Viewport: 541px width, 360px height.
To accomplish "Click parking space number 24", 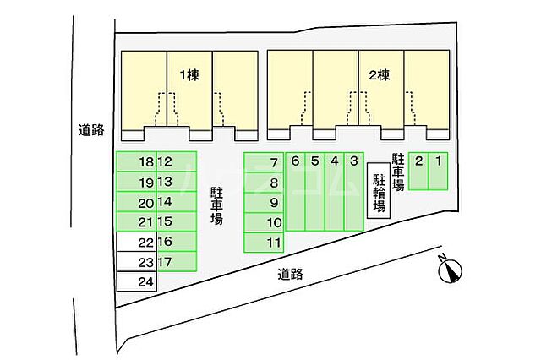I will pyautogui.click(x=136, y=282).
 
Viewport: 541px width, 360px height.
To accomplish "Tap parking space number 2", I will pyautogui.click(x=418, y=172).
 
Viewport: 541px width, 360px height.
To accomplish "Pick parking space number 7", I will pyautogui.click(x=263, y=162).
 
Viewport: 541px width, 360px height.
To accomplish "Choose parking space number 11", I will pyautogui.click(x=263, y=243).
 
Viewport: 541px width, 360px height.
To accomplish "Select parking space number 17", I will pyautogui.click(x=176, y=262).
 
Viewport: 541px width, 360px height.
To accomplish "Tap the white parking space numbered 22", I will pyautogui.click(x=136, y=242).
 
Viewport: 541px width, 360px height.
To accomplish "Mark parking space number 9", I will pyautogui.click(x=263, y=203).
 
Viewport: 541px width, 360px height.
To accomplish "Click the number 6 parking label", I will pyautogui.click(x=295, y=161).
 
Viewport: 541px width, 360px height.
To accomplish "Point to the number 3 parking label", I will pyautogui.click(x=354, y=161).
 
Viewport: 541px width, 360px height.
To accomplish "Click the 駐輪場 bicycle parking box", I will pyautogui.click(x=380, y=194).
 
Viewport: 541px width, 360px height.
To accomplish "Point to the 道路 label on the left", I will pyautogui.click(x=90, y=130).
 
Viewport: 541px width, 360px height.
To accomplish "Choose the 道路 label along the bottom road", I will pyautogui.click(x=289, y=274).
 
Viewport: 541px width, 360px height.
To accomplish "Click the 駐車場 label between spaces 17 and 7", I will pyautogui.click(x=216, y=205).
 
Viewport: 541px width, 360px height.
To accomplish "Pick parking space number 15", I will pyautogui.click(x=176, y=222).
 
